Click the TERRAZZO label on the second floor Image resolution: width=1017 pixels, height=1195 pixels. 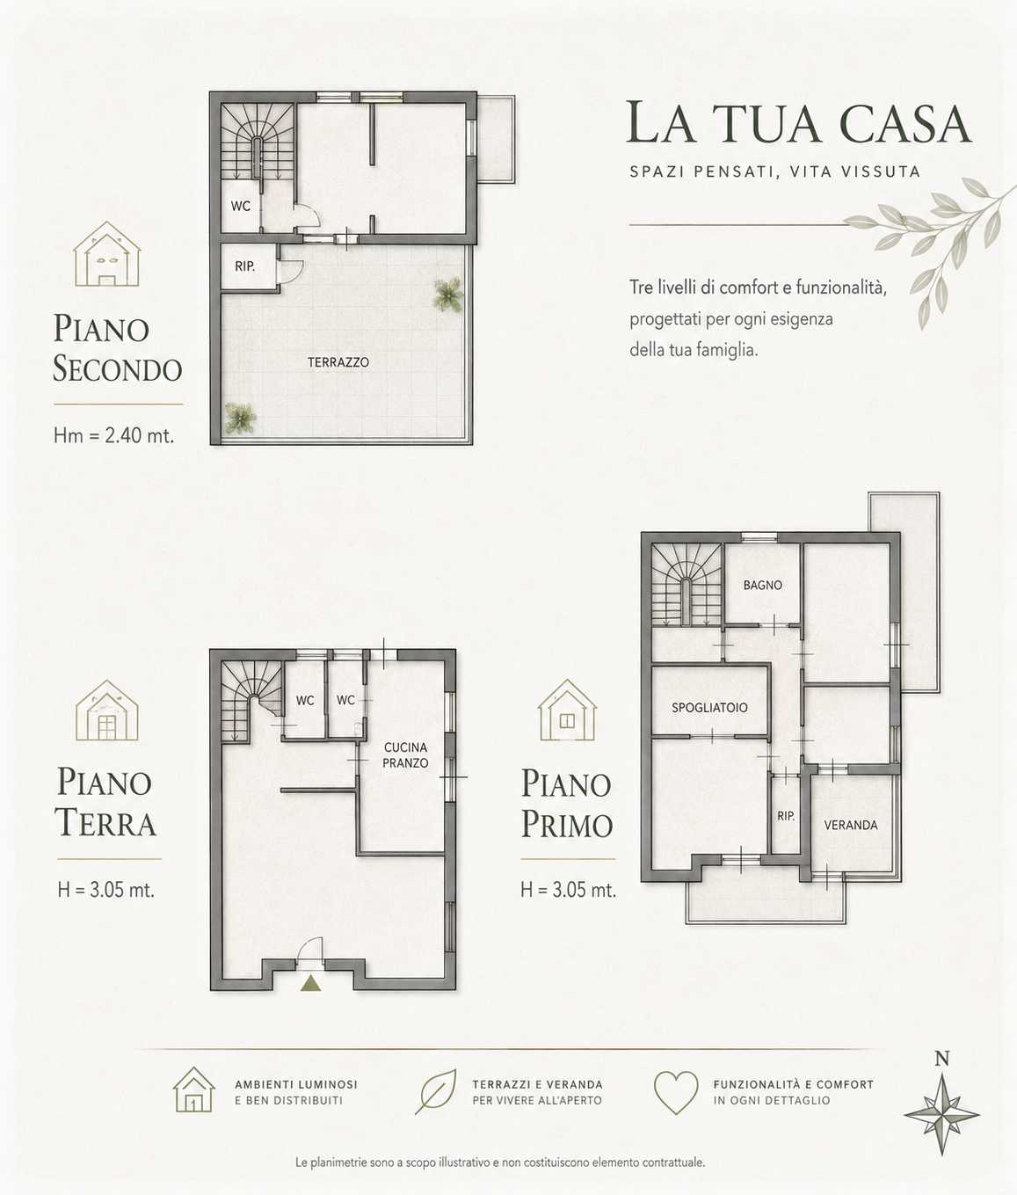[338, 362]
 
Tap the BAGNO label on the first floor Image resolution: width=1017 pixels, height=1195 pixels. [763, 585]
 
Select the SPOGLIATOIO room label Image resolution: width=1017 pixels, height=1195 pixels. [709, 708]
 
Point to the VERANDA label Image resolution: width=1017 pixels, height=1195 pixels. [851, 825]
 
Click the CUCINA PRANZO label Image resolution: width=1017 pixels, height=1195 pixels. [405, 755]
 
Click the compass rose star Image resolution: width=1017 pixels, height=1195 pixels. [942, 1115]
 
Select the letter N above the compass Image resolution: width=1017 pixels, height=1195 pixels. [942, 1059]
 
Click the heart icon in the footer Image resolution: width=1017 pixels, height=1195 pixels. [676, 1093]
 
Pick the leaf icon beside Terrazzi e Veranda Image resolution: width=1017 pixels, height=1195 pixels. [436, 1091]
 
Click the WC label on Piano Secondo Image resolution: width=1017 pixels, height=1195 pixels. [241, 206]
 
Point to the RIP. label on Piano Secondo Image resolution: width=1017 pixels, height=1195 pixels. [244, 266]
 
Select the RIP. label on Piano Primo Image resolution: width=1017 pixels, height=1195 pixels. [786, 816]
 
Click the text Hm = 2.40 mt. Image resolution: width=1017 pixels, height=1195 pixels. [114, 435]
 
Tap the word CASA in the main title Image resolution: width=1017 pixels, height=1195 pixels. [905, 123]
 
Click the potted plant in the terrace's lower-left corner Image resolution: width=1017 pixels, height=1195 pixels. [240, 418]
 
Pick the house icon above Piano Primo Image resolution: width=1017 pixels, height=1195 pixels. [568, 710]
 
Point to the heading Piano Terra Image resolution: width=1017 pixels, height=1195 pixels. [105, 803]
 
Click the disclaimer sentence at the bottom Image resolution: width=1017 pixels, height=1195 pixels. [500, 1162]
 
